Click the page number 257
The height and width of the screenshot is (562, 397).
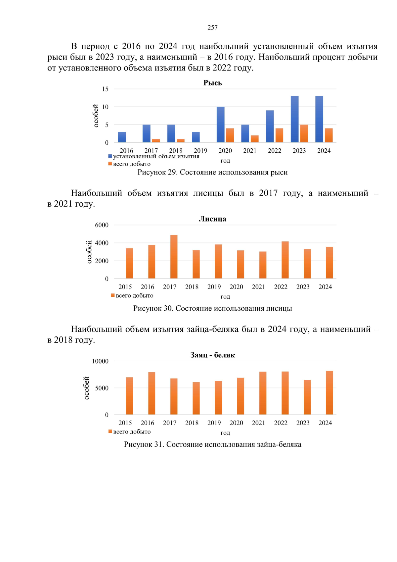click(x=212, y=27)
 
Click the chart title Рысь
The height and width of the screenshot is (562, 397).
click(x=212, y=83)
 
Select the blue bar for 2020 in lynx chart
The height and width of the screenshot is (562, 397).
click(x=220, y=125)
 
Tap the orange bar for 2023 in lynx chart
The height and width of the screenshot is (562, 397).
click(x=304, y=133)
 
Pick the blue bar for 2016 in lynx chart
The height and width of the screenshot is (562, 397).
click(x=122, y=137)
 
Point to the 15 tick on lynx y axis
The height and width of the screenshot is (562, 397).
click(x=105, y=89)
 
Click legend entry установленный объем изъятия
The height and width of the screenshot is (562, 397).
click(x=156, y=156)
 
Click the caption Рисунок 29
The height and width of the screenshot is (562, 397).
click(x=212, y=172)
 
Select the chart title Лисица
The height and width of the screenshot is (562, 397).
click(x=212, y=219)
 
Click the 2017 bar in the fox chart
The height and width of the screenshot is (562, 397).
click(x=174, y=257)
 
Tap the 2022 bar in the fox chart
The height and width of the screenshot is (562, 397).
click(x=285, y=260)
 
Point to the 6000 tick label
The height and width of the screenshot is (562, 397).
click(x=102, y=225)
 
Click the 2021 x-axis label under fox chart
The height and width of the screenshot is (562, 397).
click(x=258, y=287)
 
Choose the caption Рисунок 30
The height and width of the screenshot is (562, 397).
click(x=212, y=308)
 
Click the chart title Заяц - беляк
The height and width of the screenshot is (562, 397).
click(x=212, y=355)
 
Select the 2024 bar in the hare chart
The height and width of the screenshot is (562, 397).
click(x=329, y=393)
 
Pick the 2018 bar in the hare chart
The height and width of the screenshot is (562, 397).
click(x=196, y=398)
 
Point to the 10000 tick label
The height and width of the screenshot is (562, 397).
click(x=100, y=361)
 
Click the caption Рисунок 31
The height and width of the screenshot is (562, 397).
click(x=212, y=444)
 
